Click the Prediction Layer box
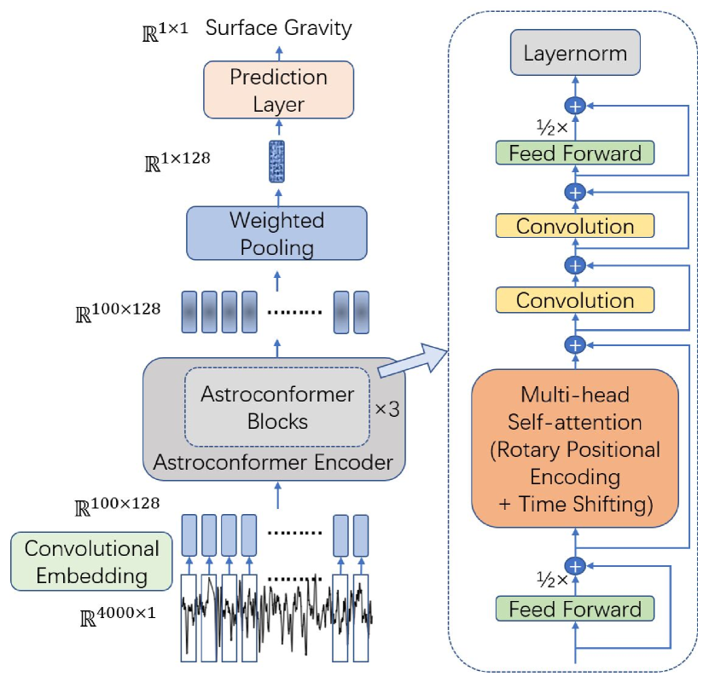(x=278, y=90)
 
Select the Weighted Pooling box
(x=276, y=234)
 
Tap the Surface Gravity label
(x=279, y=28)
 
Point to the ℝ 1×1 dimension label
(x=166, y=32)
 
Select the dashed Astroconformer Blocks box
(x=276, y=407)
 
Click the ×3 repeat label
(x=387, y=408)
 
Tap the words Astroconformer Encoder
(x=272, y=463)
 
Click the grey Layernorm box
(x=575, y=54)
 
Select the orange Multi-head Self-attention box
(x=575, y=448)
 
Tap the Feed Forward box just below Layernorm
(x=575, y=153)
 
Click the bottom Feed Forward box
(x=575, y=609)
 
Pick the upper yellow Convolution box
(x=575, y=227)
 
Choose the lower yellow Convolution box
(x=575, y=300)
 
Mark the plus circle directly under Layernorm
(x=576, y=106)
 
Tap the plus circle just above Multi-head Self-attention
(x=576, y=344)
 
